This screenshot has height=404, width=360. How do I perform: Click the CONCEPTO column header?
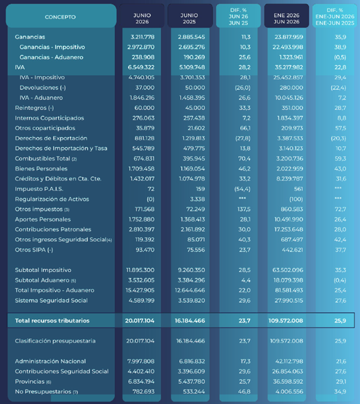(60, 17)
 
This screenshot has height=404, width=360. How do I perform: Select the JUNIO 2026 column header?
(142, 18)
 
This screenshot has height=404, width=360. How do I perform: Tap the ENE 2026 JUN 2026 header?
(287, 18)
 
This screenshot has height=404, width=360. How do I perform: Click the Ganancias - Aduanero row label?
(51, 57)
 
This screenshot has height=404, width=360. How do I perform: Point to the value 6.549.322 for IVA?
(141, 67)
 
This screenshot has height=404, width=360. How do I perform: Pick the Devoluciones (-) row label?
(42, 88)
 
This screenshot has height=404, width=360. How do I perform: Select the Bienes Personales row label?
(41, 169)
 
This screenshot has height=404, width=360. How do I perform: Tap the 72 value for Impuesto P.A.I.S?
(151, 189)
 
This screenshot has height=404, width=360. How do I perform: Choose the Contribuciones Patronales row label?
(53, 230)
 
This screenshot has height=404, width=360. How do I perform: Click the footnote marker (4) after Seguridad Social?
(109, 240)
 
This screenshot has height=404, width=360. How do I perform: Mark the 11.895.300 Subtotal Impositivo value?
(140, 270)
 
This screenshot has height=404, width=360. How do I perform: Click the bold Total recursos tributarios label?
(52, 321)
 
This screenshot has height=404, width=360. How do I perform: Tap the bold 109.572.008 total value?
(285, 321)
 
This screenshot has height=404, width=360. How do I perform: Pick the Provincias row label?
(30, 381)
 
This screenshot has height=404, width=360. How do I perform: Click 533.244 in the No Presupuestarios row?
(194, 391)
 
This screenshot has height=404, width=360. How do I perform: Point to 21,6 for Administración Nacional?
(341, 361)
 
